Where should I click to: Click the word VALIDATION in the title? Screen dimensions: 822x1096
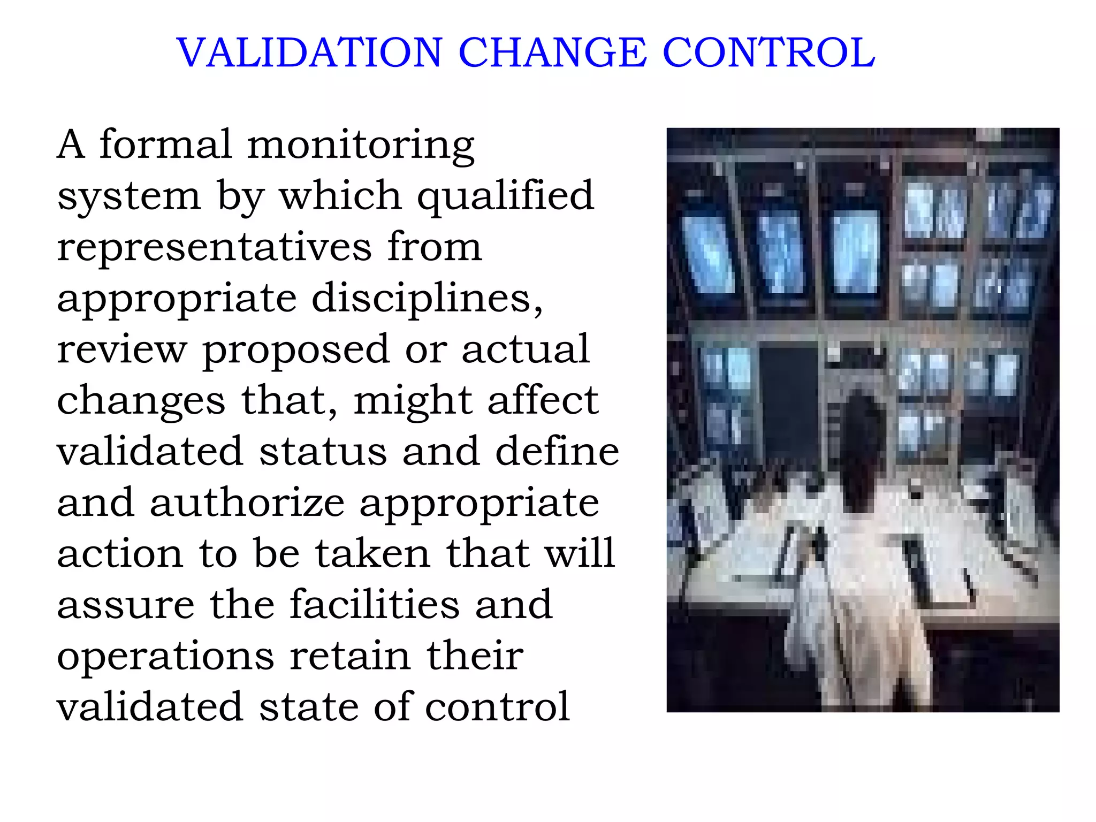click(309, 53)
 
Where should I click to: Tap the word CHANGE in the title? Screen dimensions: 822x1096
click(552, 53)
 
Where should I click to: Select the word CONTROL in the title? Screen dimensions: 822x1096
click(768, 53)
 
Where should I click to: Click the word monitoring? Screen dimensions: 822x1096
click(361, 146)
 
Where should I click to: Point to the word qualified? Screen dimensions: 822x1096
click(505, 197)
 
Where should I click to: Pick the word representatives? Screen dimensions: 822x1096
click(214, 247)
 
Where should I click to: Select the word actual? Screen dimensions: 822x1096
click(526, 349)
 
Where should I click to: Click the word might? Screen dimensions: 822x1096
click(412, 401)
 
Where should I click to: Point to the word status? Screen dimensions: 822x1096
click(323, 452)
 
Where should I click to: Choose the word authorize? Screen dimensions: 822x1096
click(247, 503)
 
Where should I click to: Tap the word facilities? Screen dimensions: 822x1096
click(375, 605)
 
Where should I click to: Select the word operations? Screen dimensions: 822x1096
click(165, 657)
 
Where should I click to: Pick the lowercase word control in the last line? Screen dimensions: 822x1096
click(497, 707)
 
